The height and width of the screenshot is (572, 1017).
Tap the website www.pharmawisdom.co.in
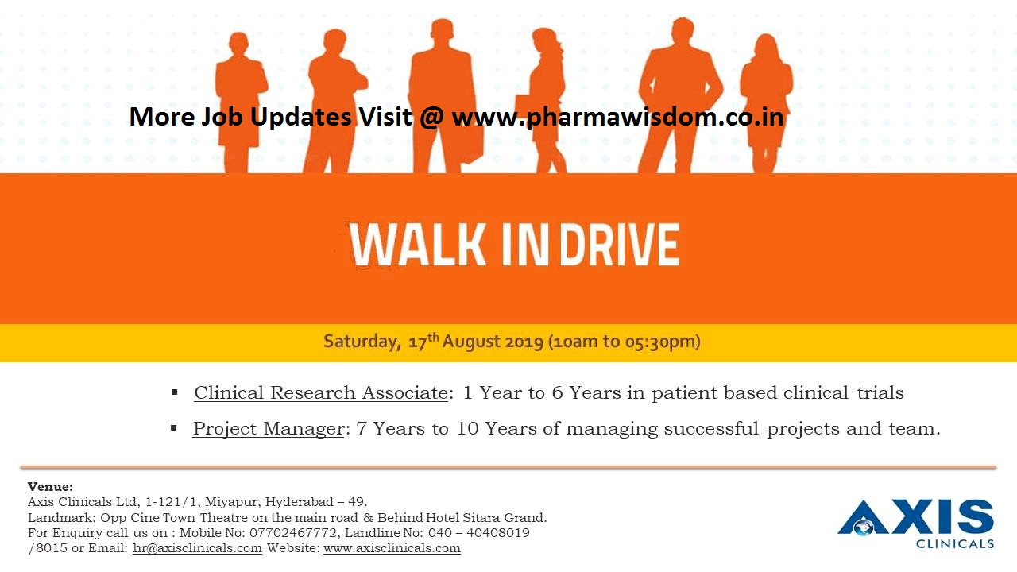click(617, 118)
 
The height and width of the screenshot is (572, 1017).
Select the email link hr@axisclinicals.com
click(197, 548)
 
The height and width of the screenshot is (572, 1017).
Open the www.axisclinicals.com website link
click(392, 548)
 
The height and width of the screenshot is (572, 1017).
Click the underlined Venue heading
click(50, 486)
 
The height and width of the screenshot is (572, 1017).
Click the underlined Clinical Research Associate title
click(320, 392)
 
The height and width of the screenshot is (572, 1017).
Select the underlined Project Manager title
click(268, 429)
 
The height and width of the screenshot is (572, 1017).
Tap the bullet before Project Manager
click(174, 428)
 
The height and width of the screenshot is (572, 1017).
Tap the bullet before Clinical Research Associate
click(175, 392)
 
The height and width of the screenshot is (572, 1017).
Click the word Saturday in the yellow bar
click(360, 342)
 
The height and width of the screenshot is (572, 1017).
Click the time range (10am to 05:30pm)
click(625, 342)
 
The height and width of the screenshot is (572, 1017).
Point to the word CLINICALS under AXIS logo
click(954, 544)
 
